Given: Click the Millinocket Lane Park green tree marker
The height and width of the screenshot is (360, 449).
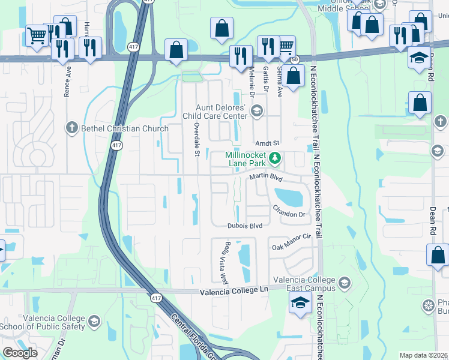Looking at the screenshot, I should [x=276, y=158].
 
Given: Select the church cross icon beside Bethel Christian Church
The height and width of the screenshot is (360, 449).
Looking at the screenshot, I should [x=71, y=127].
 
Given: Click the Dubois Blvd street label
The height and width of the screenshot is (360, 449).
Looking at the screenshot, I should [x=245, y=226].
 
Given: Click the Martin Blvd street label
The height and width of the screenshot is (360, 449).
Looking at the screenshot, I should [x=266, y=178].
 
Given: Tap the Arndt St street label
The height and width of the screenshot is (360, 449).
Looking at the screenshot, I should [x=268, y=143].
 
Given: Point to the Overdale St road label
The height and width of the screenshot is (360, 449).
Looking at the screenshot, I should [x=196, y=140].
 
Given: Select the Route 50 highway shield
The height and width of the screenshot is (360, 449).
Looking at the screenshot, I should [x=294, y=59].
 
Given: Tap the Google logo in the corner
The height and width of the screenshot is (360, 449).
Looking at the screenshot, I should [x=20, y=353].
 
